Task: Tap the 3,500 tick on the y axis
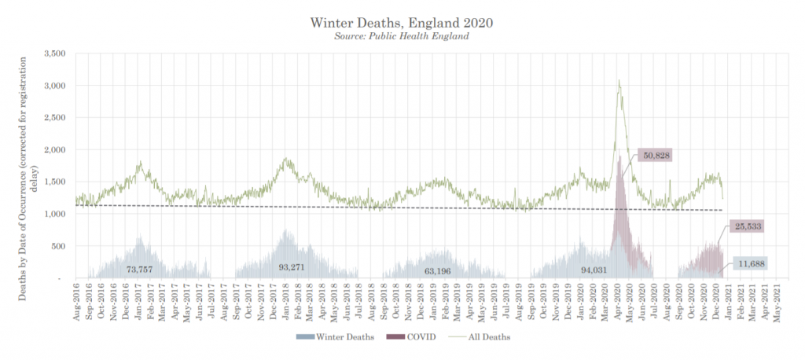54,53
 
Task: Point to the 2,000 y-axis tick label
54,149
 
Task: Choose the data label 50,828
655,155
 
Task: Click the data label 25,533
746,226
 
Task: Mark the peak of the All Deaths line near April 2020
619,80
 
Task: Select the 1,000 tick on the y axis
54,214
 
